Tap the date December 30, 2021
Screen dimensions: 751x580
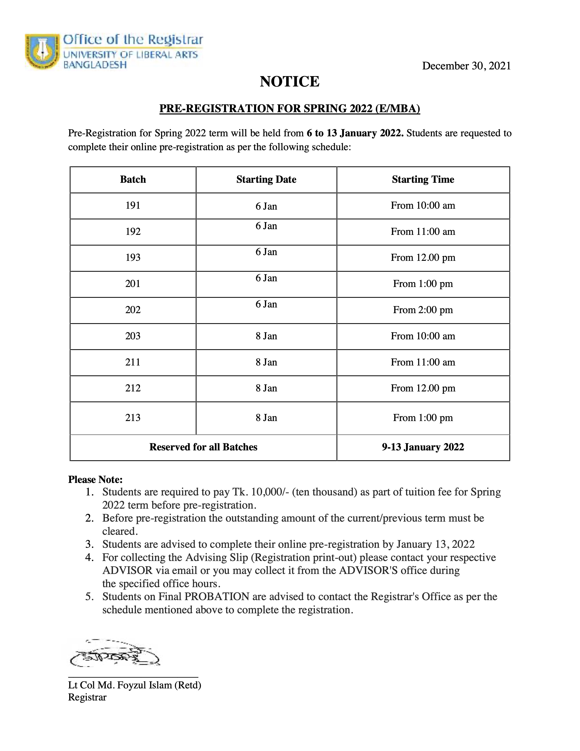click(x=466, y=66)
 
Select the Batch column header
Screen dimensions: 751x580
click(x=133, y=180)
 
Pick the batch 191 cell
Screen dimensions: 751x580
click(x=133, y=206)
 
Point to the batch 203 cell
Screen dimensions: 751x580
click(x=133, y=336)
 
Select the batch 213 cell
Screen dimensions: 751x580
click(x=133, y=418)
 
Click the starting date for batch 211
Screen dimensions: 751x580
click(x=266, y=362)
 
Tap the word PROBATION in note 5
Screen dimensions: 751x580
click(x=217, y=597)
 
